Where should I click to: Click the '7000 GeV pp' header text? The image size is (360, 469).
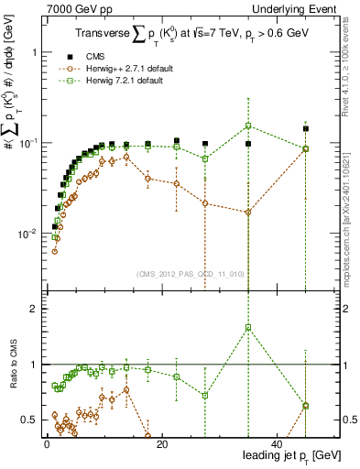(x=71, y=8)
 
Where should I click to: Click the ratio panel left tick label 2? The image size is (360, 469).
(x=34, y=309)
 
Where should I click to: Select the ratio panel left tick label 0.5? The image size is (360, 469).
(x=29, y=420)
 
